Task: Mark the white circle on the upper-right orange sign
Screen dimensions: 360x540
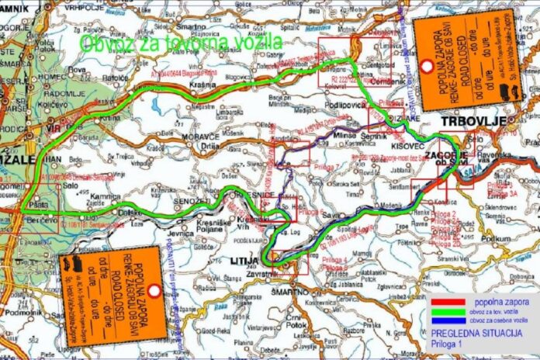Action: [427, 66]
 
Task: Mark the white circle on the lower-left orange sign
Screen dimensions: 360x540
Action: [154, 291]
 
